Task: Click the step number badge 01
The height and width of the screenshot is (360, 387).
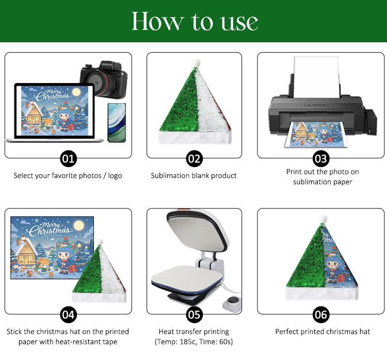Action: (68, 159)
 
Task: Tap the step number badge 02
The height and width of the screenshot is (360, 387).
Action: (194, 159)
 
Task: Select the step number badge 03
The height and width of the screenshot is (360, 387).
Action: (321, 159)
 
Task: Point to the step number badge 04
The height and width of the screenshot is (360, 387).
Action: (68, 315)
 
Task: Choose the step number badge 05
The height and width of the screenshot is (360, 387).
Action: (194, 315)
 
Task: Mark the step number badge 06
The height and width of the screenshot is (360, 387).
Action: (321, 315)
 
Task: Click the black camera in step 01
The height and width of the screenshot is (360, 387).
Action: (104, 79)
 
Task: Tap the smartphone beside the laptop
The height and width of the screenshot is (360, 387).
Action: (117, 123)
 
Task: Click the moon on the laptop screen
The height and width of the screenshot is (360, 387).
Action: (76, 92)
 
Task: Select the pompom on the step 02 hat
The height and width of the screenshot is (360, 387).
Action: (196, 63)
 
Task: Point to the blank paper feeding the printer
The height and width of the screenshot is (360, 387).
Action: (316, 77)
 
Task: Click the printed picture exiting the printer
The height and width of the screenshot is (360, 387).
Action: (316, 135)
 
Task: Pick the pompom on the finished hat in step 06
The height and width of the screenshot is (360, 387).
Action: (322, 219)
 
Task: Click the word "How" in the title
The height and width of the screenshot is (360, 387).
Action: (158, 21)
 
